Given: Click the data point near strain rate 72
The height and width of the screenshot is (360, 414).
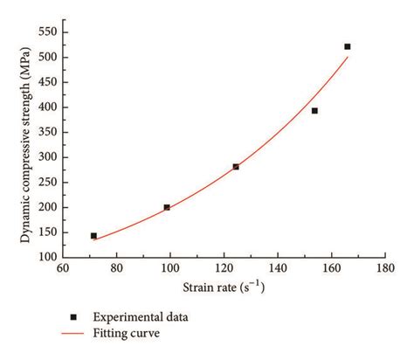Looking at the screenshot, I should (93, 236).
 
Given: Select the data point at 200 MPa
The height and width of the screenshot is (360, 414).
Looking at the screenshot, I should (167, 207).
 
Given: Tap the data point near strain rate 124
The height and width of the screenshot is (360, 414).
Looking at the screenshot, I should (236, 166).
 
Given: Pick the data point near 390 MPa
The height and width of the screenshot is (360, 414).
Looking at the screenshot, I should (314, 111).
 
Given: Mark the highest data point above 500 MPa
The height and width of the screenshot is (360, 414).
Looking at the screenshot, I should (348, 46).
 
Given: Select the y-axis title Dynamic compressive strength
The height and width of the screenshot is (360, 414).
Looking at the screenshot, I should (26, 144).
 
